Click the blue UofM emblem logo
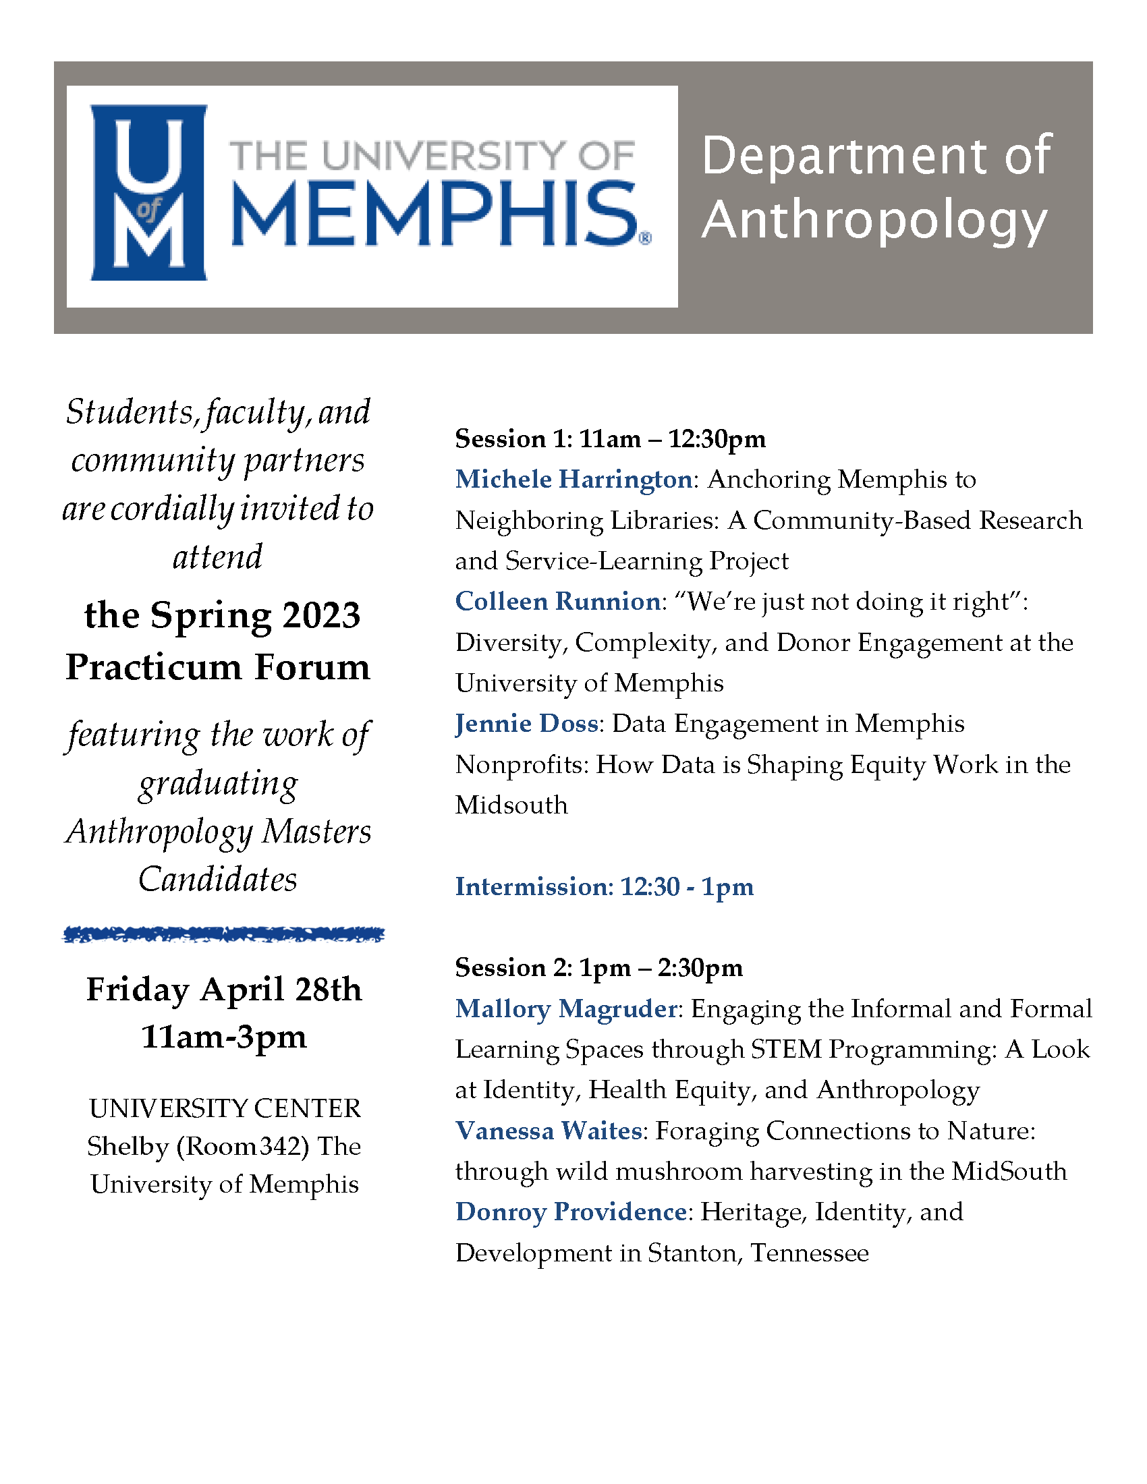pos(148,192)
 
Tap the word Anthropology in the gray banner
pos(874,220)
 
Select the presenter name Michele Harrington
pos(573,480)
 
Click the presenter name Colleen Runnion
pos(557,601)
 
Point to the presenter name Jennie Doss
pos(527,724)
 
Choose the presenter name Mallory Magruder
pos(566,1009)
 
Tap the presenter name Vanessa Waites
pos(549,1131)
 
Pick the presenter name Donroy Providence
pos(571,1212)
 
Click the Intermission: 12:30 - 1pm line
pos(604,887)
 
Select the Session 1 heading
pos(609,439)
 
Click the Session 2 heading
pos(598,967)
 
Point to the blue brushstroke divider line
pos(223,935)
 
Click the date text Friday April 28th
pos(223,990)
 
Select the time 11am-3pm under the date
pos(223,1037)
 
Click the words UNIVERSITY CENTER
pos(225,1108)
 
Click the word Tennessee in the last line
pos(809,1253)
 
